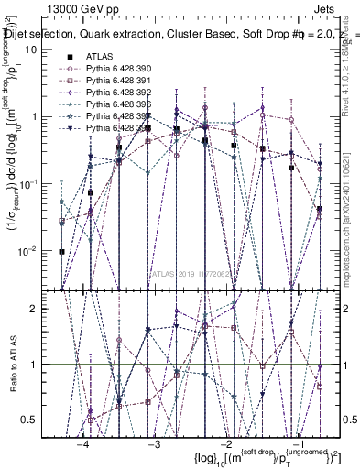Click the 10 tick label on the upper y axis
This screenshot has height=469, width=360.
[x=30, y=49]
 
